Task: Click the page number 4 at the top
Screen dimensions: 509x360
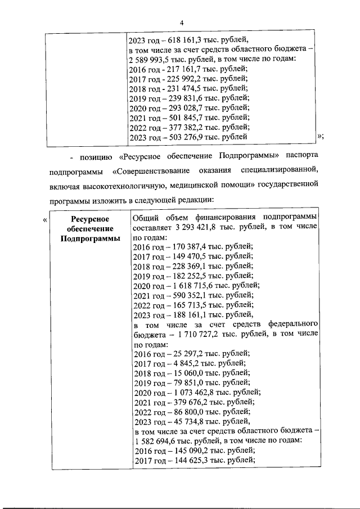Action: pos(182,22)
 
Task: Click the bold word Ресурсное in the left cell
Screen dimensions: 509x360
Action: pos(90,219)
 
